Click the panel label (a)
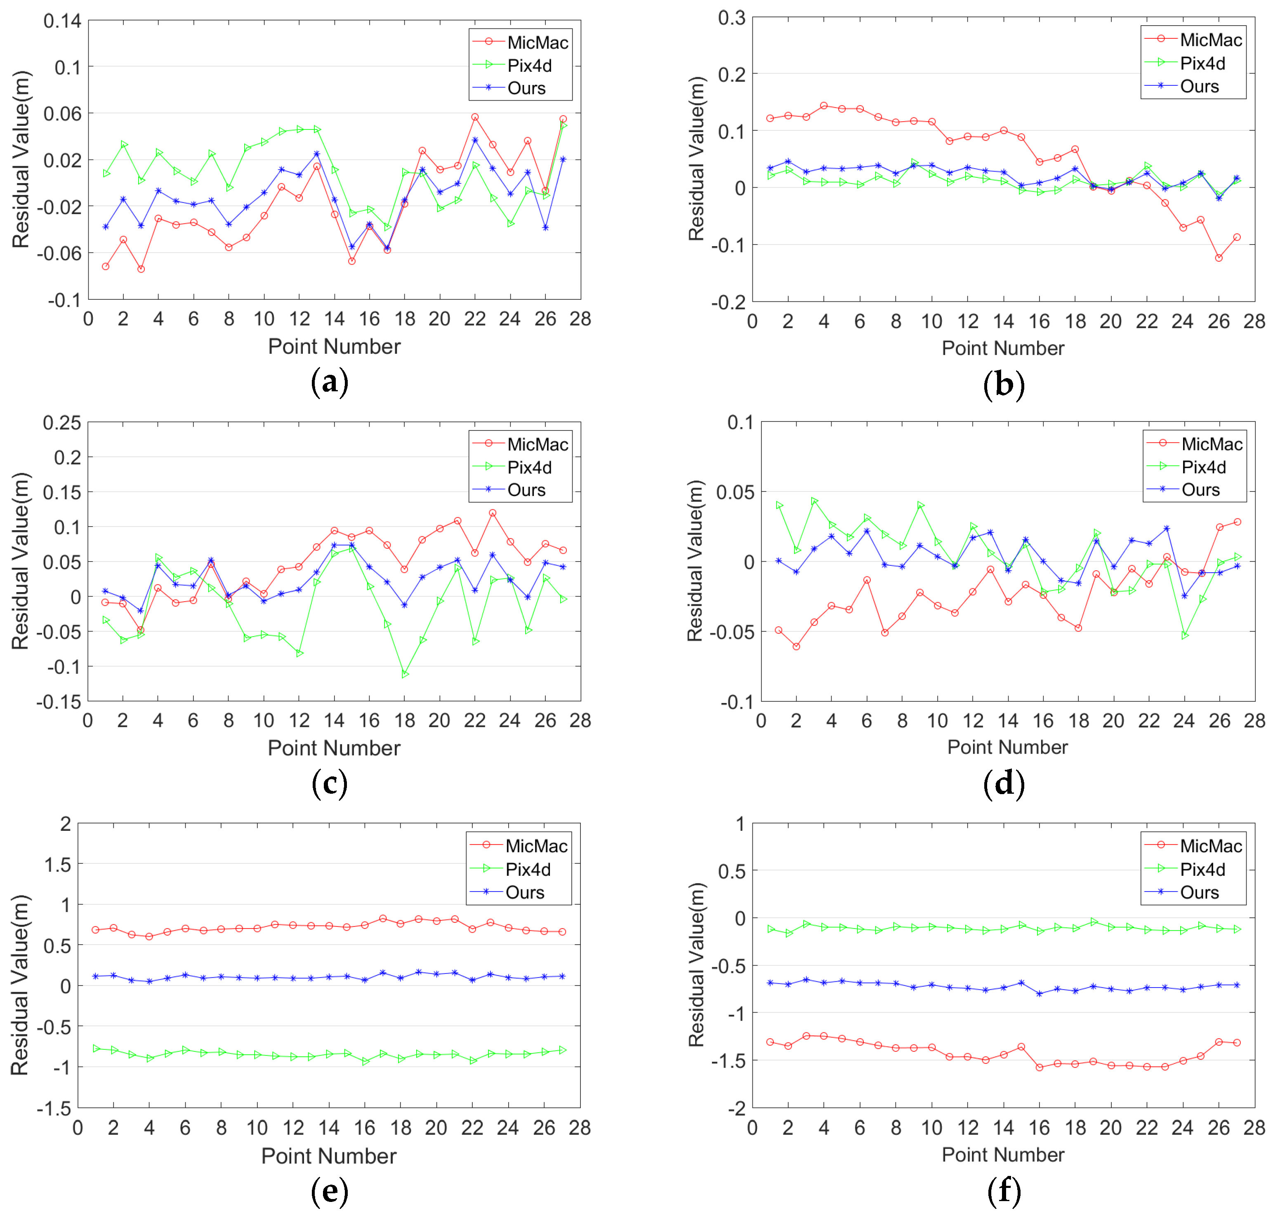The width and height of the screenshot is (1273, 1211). pyautogui.click(x=330, y=382)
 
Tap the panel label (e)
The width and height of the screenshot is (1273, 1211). pyautogui.click(x=330, y=1190)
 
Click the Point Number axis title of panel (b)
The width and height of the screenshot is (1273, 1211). pyautogui.click(x=1002, y=348)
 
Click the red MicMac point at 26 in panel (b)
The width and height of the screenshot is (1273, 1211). pyautogui.click(x=1219, y=258)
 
